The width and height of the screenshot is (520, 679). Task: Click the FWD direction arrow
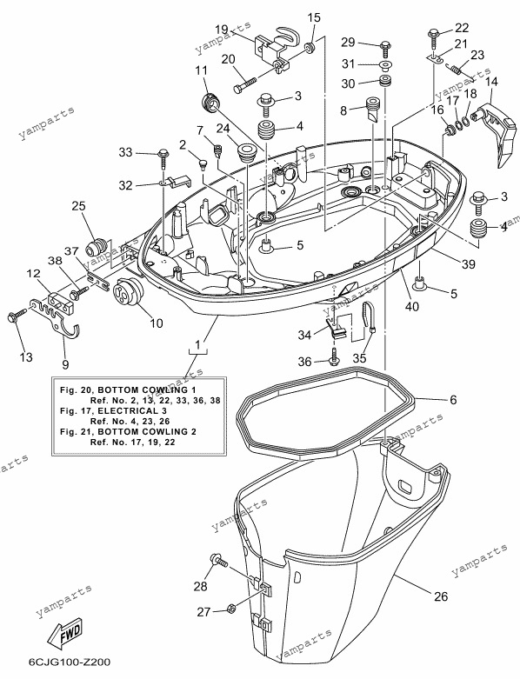pos(65,633)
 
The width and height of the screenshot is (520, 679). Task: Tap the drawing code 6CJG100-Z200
pos(70,662)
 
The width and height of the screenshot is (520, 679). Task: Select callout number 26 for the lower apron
pos(441,596)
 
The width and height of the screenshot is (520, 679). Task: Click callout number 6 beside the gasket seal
pos(453,399)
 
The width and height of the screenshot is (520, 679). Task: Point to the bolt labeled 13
pos(13,316)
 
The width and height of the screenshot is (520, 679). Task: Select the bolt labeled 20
pos(250,84)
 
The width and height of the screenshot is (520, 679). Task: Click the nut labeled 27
pos(230,609)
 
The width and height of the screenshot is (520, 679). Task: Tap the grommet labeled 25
pos(97,248)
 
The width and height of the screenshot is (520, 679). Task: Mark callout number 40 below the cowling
pos(412,306)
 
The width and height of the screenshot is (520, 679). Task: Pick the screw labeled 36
pos(333,358)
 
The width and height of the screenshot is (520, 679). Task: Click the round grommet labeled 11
pos(210,103)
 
